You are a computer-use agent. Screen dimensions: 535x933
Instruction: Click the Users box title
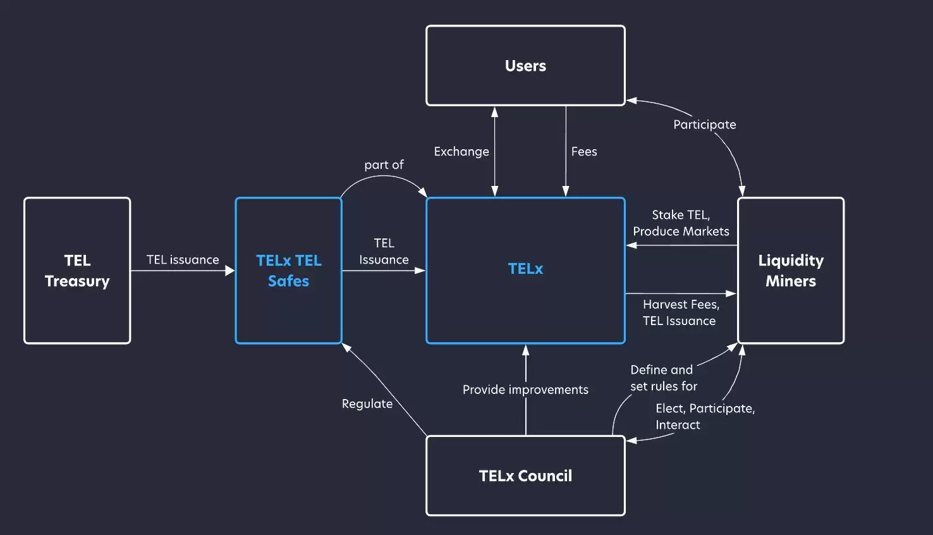[x=525, y=66]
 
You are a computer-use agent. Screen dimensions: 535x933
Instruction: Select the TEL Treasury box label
[x=77, y=271]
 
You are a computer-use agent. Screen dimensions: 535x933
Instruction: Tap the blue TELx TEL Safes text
[x=289, y=271]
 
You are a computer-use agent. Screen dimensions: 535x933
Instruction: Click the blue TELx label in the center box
[x=525, y=269]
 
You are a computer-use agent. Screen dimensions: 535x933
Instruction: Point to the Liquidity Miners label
[x=791, y=271]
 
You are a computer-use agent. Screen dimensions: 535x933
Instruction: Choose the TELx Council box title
[x=525, y=476]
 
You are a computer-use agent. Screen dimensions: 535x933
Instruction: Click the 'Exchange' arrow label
[x=461, y=152]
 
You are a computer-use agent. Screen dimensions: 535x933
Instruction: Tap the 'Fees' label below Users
[x=584, y=152]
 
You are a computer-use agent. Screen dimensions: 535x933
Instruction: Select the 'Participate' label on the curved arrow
[x=704, y=125]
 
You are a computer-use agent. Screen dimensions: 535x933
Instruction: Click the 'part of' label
[x=384, y=165]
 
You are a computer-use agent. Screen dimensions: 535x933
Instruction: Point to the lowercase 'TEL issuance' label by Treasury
[x=183, y=260]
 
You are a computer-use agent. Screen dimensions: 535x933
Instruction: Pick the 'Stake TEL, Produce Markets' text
[x=681, y=223]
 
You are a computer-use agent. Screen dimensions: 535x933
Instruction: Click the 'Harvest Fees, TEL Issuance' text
[x=680, y=312]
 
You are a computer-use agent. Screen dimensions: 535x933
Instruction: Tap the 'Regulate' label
[x=367, y=403]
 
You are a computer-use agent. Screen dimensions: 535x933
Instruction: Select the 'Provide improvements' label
[x=525, y=390]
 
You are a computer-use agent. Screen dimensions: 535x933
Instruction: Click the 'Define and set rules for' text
[x=663, y=378]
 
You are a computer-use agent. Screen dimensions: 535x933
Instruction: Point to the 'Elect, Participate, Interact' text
[x=704, y=416]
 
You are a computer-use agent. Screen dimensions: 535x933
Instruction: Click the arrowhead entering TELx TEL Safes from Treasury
[x=230, y=271]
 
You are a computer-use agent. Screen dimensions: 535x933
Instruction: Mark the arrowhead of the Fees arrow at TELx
[x=566, y=192]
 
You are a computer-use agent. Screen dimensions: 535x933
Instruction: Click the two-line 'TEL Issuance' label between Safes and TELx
[x=384, y=252]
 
